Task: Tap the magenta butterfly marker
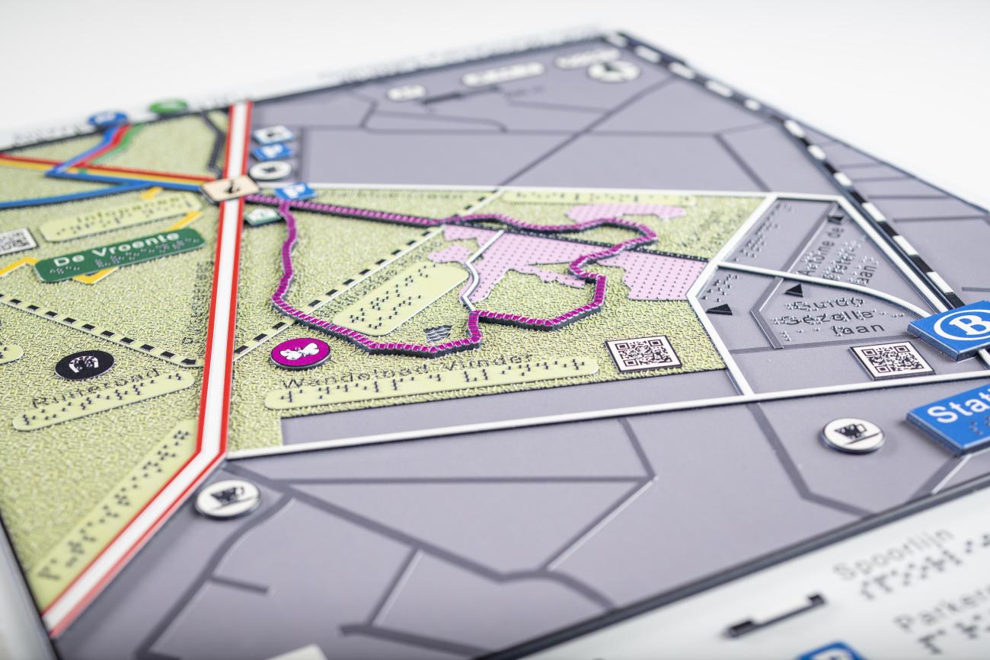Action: click(x=300, y=352)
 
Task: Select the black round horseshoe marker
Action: click(x=85, y=364)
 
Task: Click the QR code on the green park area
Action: click(x=643, y=352)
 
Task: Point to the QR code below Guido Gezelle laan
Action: click(x=891, y=359)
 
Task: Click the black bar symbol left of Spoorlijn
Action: click(x=774, y=614)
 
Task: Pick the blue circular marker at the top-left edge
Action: click(x=107, y=119)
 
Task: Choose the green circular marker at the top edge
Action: click(x=168, y=106)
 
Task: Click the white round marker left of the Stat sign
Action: click(x=852, y=435)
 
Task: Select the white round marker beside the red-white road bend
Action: click(x=227, y=499)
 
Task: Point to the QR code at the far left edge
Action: click(x=15, y=241)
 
